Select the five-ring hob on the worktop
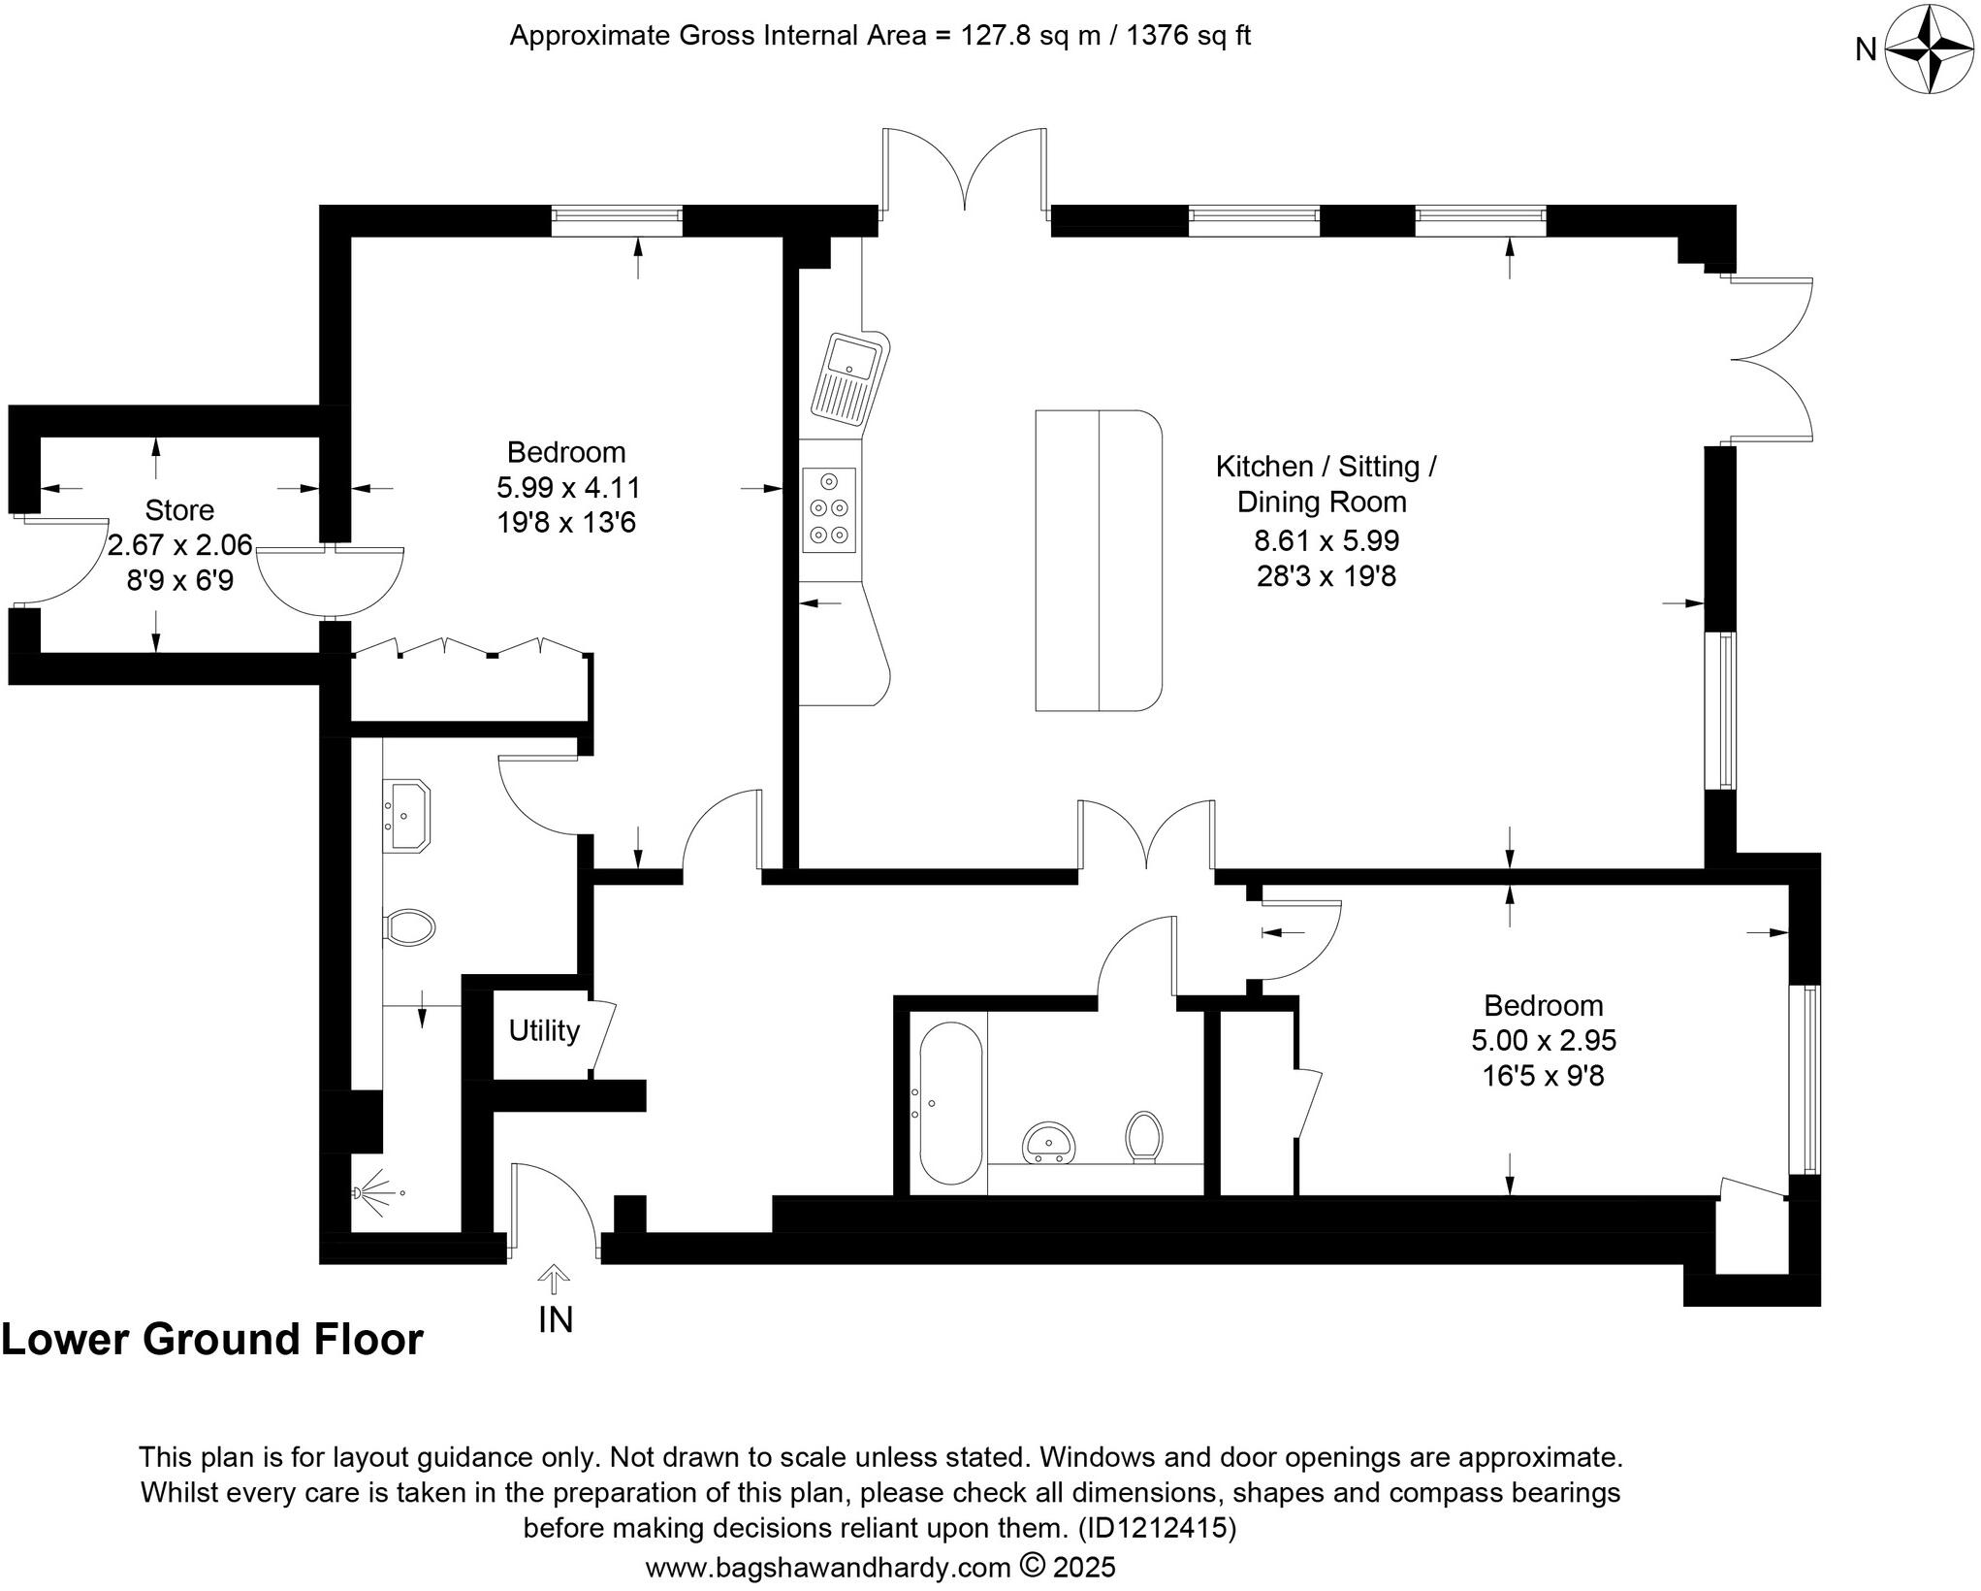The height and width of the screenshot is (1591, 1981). tap(829, 509)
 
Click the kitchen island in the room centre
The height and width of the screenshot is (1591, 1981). tap(1098, 561)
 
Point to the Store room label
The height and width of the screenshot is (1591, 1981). tap(179, 510)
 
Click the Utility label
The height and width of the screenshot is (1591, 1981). tap(544, 1030)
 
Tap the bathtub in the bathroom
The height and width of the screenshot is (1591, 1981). tap(950, 1103)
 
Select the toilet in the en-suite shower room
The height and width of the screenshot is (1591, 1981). tap(409, 926)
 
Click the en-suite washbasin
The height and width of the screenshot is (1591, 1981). tap(407, 816)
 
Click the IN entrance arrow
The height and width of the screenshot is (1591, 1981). tap(554, 1281)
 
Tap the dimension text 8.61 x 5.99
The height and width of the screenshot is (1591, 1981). tap(1326, 540)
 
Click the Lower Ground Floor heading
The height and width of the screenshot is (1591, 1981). tap(212, 1340)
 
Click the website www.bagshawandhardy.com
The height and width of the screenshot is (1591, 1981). tap(828, 1568)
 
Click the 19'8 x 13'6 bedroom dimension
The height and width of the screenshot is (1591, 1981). tap(566, 523)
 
